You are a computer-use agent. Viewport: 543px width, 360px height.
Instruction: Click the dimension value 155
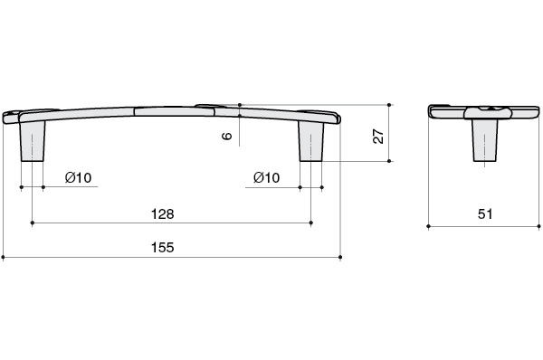[x=162, y=248]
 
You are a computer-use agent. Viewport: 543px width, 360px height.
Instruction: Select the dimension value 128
[x=162, y=214]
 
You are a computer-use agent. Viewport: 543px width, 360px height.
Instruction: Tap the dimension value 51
[x=485, y=214]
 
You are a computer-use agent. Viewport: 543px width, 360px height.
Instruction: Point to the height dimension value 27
[x=378, y=137]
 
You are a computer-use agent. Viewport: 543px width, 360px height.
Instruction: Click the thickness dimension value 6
[x=226, y=136]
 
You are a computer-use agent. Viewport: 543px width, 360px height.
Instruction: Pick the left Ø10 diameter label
[x=78, y=178]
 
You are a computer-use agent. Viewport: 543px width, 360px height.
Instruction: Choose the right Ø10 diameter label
[x=267, y=178]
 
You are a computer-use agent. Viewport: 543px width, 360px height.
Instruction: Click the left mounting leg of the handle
[x=33, y=141]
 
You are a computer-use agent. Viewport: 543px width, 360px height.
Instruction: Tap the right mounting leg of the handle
[x=311, y=141]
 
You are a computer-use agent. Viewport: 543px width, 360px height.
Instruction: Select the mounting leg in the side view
[x=484, y=140]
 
